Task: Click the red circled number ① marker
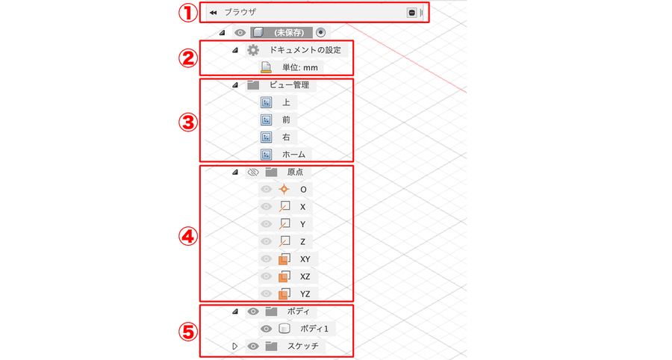click(187, 13)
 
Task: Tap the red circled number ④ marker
click(187, 236)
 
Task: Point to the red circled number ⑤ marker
click(187, 332)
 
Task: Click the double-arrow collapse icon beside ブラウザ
click(213, 13)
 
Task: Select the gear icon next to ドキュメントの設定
click(253, 50)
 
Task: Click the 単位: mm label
click(300, 68)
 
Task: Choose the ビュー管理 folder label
click(289, 85)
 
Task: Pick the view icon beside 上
click(266, 102)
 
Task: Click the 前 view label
click(286, 120)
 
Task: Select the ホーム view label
click(293, 155)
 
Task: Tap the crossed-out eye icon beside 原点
click(253, 173)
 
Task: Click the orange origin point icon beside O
click(284, 190)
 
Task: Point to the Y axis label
click(302, 224)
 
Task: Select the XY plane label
click(305, 259)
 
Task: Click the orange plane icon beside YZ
click(284, 294)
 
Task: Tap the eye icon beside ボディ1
click(266, 329)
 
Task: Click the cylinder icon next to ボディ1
click(284, 329)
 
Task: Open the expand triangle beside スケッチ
click(234, 346)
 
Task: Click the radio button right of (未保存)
click(320, 32)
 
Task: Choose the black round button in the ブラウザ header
click(411, 13)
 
